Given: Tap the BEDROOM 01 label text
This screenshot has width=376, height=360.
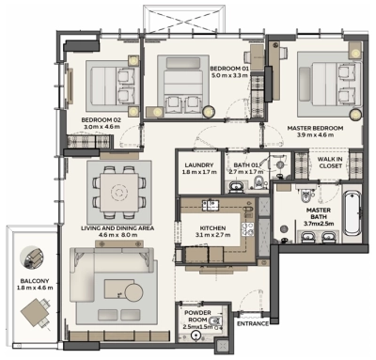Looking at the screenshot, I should click(230, 69).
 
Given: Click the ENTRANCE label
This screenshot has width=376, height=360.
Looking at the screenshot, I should click(252, 324).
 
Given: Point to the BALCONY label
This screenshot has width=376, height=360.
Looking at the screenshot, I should click(25, 279).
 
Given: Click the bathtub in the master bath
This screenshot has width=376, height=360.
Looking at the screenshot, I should click(352, 213).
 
